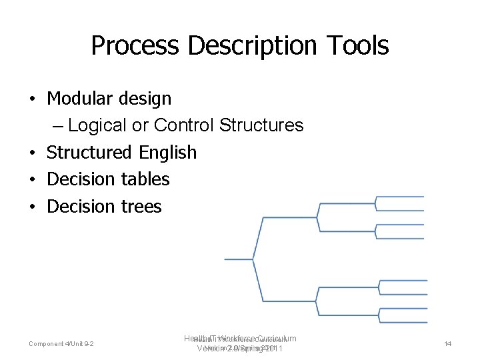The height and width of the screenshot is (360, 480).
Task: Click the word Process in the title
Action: [135, 46]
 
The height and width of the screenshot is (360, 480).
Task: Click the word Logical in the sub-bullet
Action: [98, 125]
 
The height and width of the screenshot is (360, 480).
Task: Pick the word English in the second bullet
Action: [168, 153]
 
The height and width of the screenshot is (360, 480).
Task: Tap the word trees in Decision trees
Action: [141, 207]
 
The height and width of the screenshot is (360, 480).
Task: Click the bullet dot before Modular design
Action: [31, 99]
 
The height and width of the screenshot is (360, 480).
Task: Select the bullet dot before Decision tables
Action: [31, 180]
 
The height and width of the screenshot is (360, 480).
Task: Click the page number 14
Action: [447, 343]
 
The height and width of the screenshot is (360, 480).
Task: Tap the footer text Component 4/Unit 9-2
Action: [61, 343]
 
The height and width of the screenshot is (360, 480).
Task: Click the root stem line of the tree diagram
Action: [238, 259]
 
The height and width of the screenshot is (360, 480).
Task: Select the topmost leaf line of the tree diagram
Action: [401, 197]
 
